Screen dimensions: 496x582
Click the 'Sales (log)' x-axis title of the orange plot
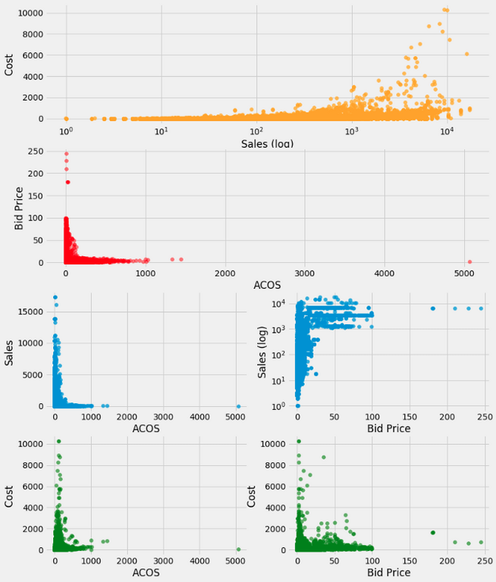pyautogui.click(x=267, y=143)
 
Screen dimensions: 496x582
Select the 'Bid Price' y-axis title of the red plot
pyautogui.click(x=18, y=208)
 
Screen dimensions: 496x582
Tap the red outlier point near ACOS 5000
pyautogui.click(x=469, y=261)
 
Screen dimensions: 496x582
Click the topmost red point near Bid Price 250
pyautogui.click(x=67, y=154)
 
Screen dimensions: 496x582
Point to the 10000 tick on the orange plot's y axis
pyautogui.click(x=30, y=13)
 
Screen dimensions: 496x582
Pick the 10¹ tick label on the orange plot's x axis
pyautogui.click(x=162, y=131)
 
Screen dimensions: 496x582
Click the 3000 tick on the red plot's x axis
pyautogui.click(x=305, y=274)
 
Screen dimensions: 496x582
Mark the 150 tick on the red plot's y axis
pyautogui.click(x=36, y=196)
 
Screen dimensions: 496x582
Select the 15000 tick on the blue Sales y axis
pyautogui.click(x=30, y=311)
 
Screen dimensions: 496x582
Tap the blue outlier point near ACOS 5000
pyautogui.click(x=239, y=406)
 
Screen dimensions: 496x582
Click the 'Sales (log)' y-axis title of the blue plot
pyautogui.click(x=262, y=352)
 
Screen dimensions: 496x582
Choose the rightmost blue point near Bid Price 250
pyautogui.click(x=481, y=308)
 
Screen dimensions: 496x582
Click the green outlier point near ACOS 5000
pyautogui.click(x=239, y=549)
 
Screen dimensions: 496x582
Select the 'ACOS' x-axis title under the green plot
pyautogui.click(x=146, y=572)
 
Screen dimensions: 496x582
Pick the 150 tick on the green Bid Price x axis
pyautogui.click(x=410, y=561)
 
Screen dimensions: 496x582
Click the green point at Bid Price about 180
pyautogui.click(x=433, y=533)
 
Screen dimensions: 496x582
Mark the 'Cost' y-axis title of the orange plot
pyautogui.click(x=8, y=65)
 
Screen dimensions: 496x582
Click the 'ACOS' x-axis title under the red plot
pyautogui.click(x=267, y=285)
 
